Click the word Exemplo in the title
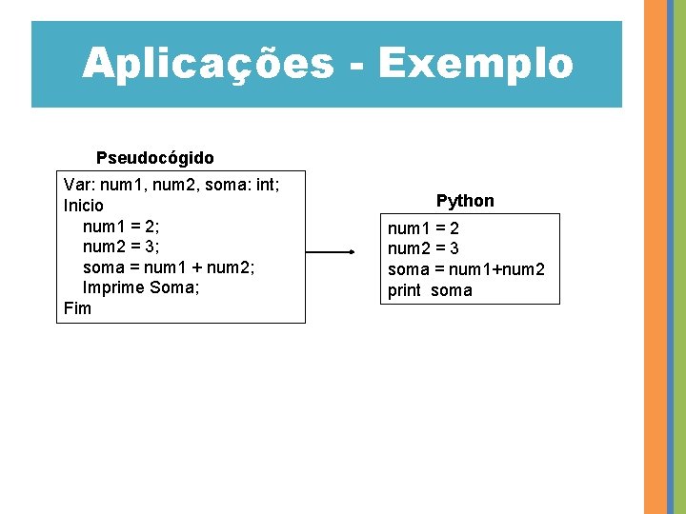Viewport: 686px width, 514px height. click(x=475, y=64)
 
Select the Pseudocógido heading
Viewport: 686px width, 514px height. click(x=155, y=157)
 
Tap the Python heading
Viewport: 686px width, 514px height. click(x=465, y=201)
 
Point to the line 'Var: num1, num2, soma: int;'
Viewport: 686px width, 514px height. click(x=171, y=184)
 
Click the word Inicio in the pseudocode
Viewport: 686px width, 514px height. click(x=84, y=205)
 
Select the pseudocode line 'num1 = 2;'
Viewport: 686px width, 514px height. click(x=121, y=226)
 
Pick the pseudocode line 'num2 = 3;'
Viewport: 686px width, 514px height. click(x=121, y=247)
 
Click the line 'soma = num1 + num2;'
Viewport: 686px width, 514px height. click(x=168, y=267)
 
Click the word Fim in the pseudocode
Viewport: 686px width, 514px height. click(x=77, y=308)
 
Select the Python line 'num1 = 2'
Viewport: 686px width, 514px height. click(x=423, y=228)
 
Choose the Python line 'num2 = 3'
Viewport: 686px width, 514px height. click(x=423, y=249)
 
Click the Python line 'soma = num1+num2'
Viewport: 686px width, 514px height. click(x=466, y=269)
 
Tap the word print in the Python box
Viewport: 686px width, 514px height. click(x=404, y=290)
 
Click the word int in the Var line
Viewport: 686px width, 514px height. click(x=262, y=184)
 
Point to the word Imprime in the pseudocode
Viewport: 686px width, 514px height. click(x=113, y=287)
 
